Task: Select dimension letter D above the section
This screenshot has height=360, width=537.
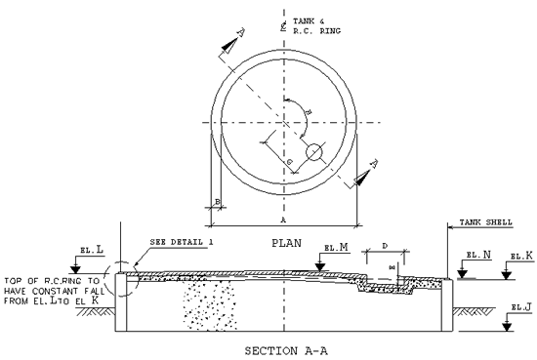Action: click(x=385, y=245)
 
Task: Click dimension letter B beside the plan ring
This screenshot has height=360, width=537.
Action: click(x=217, y=202)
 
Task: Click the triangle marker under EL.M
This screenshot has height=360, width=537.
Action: click(x=322, y=260)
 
